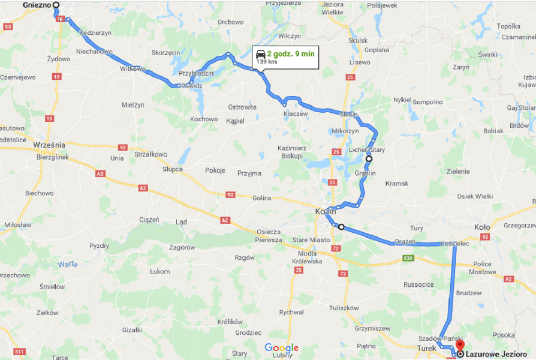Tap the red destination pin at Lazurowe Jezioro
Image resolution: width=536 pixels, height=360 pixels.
pos(460,346)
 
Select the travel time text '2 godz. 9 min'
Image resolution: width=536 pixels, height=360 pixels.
pos(291,53)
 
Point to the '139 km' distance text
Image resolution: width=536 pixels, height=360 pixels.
pos(267,61)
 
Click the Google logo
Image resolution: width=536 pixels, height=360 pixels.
pos(281,348)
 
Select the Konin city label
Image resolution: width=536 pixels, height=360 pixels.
pos(326,211)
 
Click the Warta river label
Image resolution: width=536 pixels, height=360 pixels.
pos(68,264)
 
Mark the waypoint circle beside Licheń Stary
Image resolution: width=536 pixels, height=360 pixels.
pos(369,158)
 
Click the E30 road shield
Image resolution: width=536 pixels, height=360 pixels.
pos(408,259)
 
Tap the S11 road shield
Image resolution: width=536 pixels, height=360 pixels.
pos(20,351)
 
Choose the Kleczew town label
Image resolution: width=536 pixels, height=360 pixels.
pos(295,113)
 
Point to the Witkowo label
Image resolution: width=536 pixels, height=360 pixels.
pos(134,69)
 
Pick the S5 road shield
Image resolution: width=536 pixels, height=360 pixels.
pos(8,27)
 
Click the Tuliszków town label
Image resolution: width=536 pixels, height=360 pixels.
pos(344,308)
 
